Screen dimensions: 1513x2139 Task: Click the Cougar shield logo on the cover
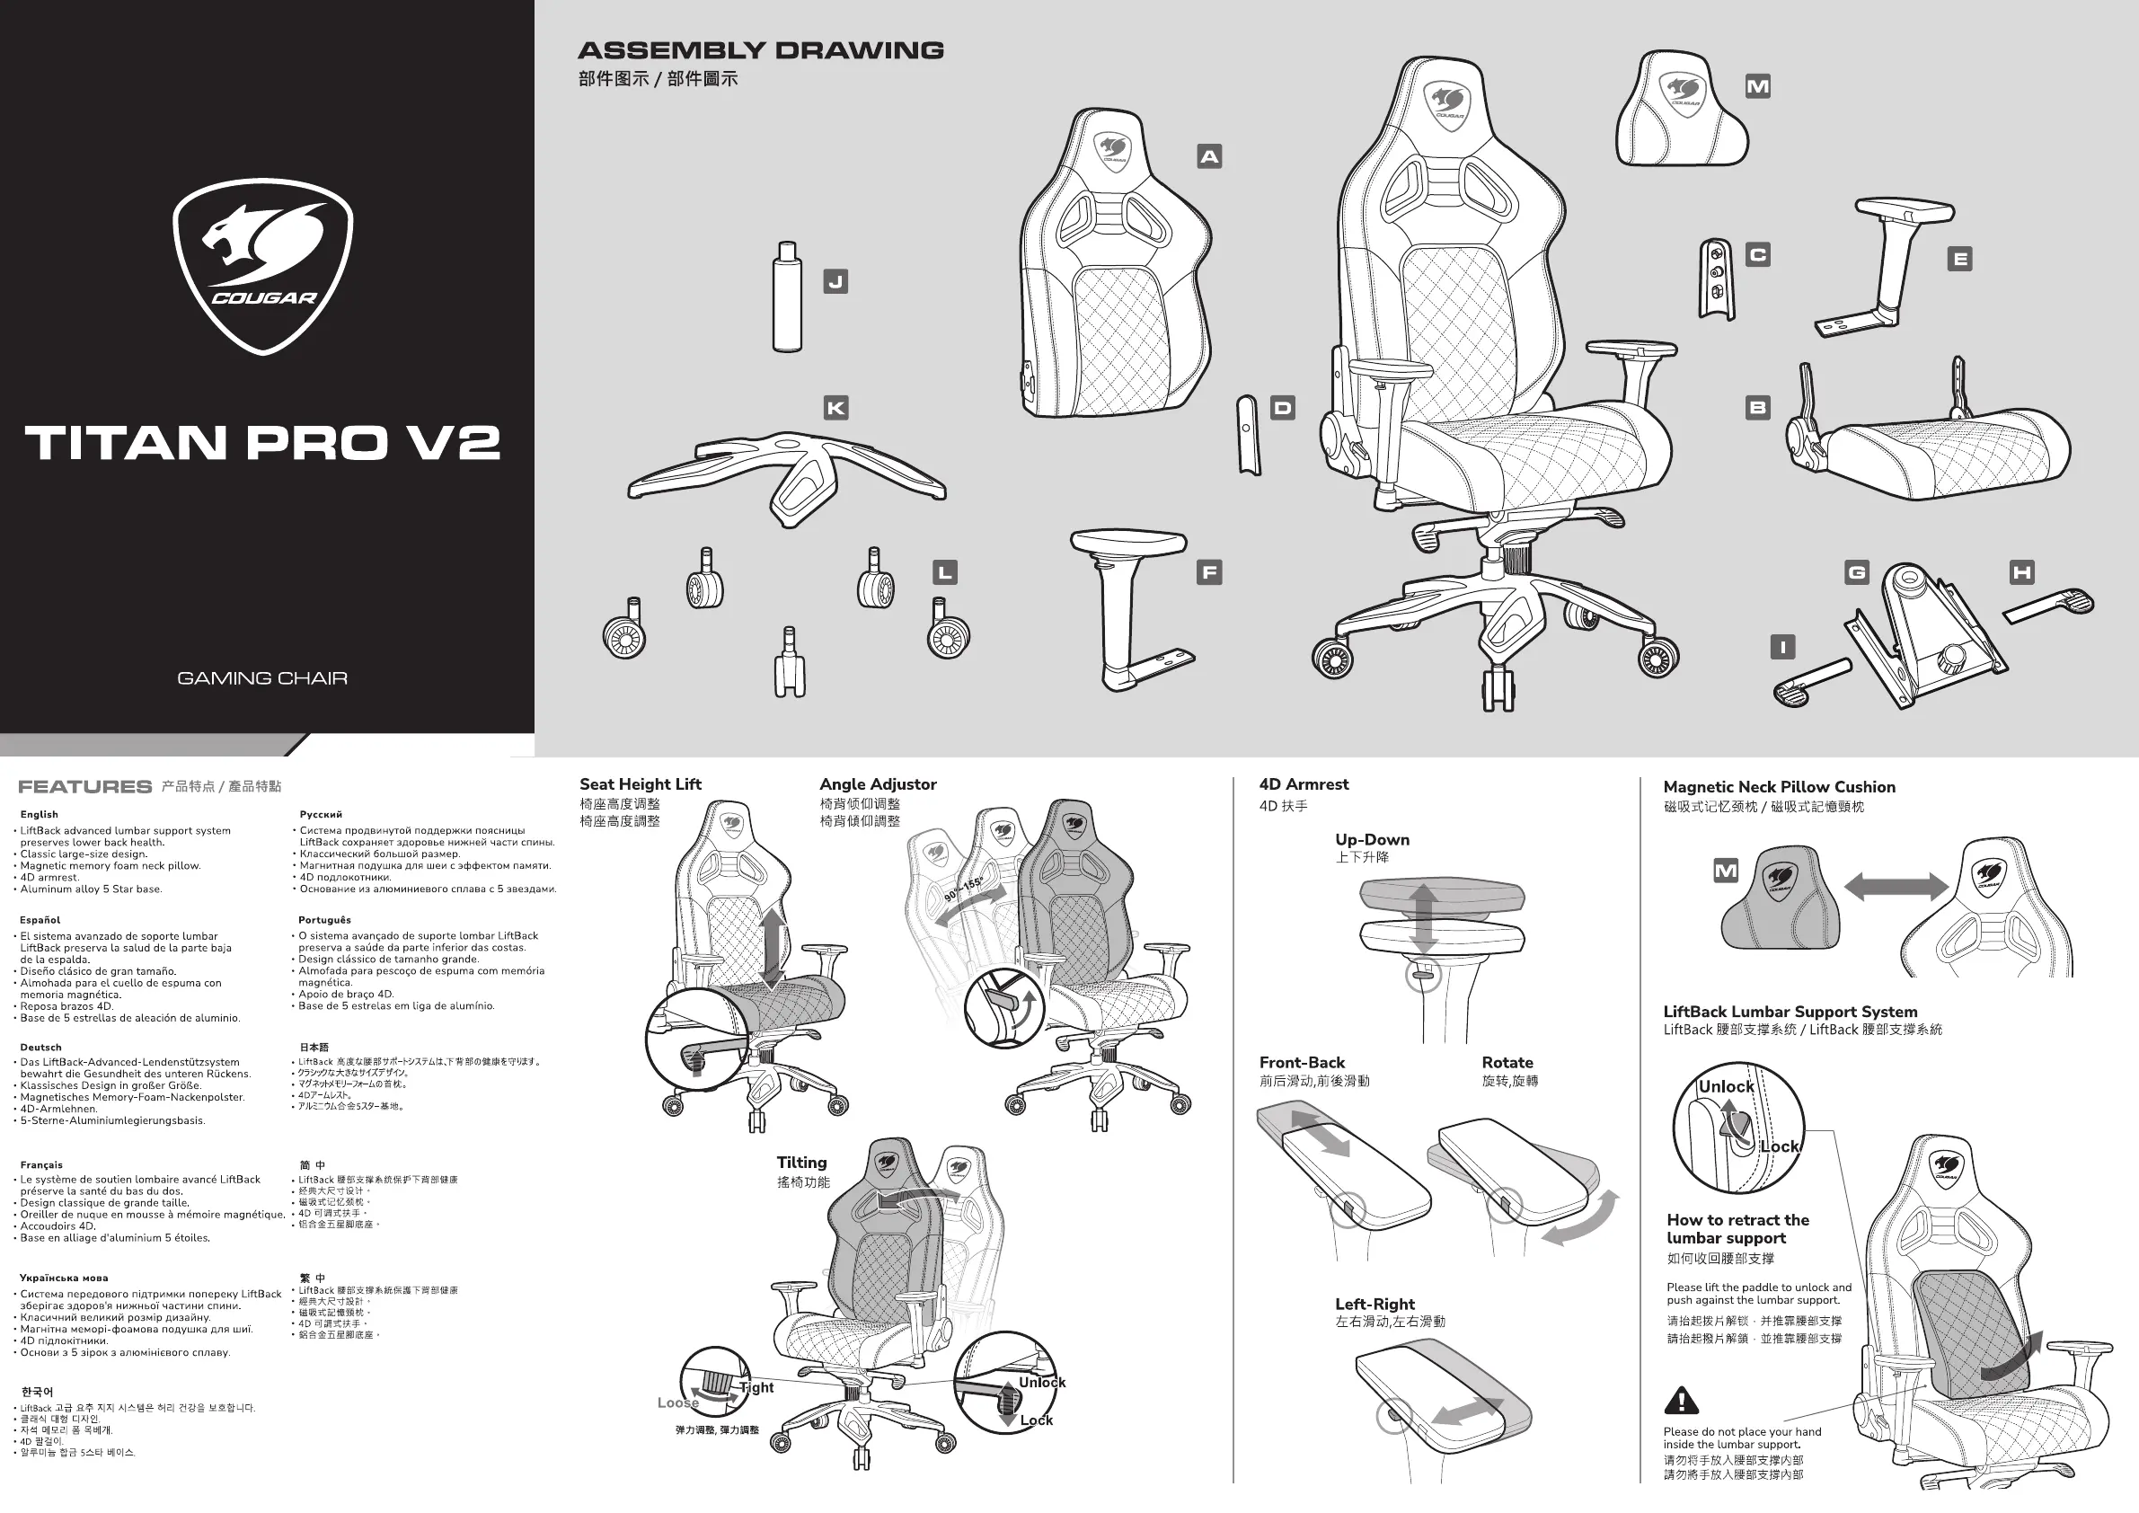(262, 267)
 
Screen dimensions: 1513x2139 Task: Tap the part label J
(835, 281)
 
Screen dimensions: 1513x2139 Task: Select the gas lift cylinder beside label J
(787, 298)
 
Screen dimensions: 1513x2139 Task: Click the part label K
(835, 408)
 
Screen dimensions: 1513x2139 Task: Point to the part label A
(1209, 156)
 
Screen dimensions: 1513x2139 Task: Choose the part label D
(1283, 408)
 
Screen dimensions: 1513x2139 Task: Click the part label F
(1209, 572)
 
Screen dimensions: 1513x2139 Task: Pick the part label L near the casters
(945, 572)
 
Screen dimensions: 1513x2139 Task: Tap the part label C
(1757, 254)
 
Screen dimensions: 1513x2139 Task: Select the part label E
(1960, 259)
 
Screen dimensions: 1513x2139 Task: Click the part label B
(1757, 407)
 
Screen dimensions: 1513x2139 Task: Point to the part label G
(1857, 572)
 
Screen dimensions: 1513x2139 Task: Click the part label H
(2021, 572)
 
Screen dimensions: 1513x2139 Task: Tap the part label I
(1782, 647)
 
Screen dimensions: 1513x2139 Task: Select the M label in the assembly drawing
(1757, 86)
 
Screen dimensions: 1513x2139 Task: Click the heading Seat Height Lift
(640, 784)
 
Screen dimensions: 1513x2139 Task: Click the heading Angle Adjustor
(878, 784)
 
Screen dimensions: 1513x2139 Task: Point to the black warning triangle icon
(1681, 1401)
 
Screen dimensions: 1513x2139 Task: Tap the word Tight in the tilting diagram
(756, 1387)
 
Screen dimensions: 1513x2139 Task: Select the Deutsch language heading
(41, 1048)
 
